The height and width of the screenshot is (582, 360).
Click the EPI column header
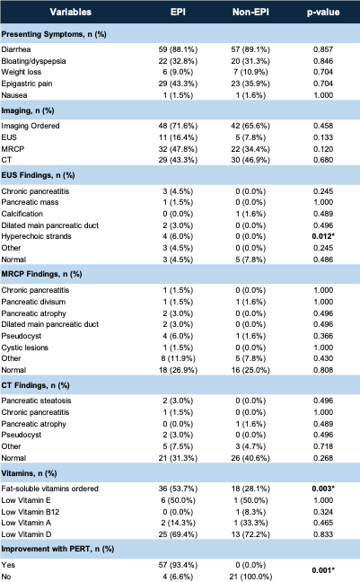click(x=178, y=12)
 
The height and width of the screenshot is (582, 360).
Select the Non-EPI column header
click(x=250, y=12)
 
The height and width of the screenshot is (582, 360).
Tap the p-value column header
click(x=323, y=13)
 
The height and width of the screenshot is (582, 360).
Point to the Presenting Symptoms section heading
click(x=54, y=34)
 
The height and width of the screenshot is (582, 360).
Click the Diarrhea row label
click(x=16, y=49)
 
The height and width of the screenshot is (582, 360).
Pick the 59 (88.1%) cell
click(x=178, y=49)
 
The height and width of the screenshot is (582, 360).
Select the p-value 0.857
click(x=323, y=49)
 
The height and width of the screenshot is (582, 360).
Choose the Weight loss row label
click(x=22, y=72)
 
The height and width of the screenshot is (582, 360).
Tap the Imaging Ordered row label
click(x=31, y=126)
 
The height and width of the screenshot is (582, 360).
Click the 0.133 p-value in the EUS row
click(x=323, y=137)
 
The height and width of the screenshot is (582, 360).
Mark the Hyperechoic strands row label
click(x=37, y=236)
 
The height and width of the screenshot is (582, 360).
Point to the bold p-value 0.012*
click(x=323, y=236)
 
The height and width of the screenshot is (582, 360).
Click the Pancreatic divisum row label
click(x=33, y=302)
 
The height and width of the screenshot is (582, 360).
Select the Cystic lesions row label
click(x=25, y=348)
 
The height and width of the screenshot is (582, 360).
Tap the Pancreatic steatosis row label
click(x=36, y=401)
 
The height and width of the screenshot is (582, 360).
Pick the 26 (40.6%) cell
click(x=250, y=458)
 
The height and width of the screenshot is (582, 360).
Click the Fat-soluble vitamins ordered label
click(x=49, y=489)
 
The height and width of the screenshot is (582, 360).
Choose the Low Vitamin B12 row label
click(x=30, y=512)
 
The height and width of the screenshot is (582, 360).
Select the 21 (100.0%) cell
click(x=250, y=577)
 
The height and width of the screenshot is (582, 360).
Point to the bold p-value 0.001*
click(x=323, y=570)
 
